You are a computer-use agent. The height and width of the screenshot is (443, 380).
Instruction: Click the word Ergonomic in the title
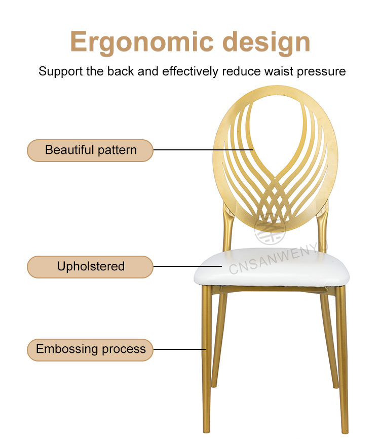[x=142, y=42]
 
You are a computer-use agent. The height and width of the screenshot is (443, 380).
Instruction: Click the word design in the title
[x=267, y=42]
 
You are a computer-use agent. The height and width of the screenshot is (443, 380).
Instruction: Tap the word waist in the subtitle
[x=279, y=71]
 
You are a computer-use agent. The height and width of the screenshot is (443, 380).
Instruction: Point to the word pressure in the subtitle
[x=321, y=72]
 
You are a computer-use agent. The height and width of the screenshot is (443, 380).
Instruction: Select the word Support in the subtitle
[x=60, y=71]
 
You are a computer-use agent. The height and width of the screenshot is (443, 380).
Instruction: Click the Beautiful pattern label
[x=90, y=150]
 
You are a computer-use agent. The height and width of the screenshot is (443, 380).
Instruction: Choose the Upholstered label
[x=90, y=267]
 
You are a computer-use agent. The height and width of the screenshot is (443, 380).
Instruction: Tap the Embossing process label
[x=90, y=350]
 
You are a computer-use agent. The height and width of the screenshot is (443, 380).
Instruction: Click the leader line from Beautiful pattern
[x=203, y=150]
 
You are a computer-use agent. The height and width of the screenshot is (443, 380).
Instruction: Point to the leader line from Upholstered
[x=187, y=266]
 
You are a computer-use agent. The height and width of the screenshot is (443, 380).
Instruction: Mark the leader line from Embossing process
[x=179, y=349]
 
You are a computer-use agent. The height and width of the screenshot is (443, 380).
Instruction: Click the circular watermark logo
[x=270, y=229]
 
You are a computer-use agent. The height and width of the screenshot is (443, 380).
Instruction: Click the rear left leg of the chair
[x=219, y=339]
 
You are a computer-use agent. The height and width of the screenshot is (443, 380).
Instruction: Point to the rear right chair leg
[x=330, y=339]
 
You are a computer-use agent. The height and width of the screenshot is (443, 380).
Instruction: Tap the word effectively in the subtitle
[x=191, y=71]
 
